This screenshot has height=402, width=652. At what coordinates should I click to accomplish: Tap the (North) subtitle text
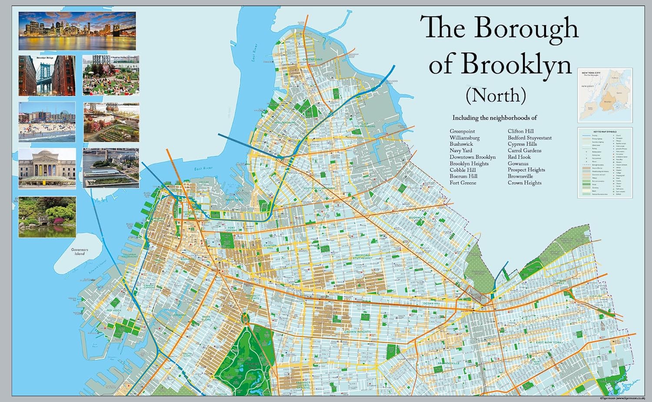[x=496, y=95]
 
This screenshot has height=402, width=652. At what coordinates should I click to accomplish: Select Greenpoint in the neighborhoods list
[x=462, y=131]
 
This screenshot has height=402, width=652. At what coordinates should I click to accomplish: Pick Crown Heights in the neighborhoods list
[x=524, y=183]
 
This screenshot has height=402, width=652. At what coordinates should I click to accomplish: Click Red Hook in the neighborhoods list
[x=519, y=157]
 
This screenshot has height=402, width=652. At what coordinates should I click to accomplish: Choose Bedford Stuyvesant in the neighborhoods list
[x=529, y=138]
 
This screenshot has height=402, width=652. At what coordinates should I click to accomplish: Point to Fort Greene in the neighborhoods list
[x=462, y=183]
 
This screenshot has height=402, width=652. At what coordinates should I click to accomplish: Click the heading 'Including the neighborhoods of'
[x=494, y=118]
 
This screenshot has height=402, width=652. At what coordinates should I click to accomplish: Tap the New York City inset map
[x=605, y=95]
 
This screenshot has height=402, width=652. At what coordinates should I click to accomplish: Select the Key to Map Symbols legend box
[x=605, y=162]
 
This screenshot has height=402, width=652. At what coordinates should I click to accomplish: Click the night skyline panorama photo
[x=77, y=31]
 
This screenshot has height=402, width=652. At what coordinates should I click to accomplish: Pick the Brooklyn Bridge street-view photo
[x=47, y=75]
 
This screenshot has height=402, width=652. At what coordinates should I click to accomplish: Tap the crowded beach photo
[x=47, y=122]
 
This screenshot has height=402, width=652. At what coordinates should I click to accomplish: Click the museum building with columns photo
[x=47, y=168]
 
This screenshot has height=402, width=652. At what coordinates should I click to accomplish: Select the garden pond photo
[x=47, y=217]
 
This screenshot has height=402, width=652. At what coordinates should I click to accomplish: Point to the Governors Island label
[x=80, y=252]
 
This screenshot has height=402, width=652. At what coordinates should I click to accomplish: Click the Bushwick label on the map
[x=417, y=218]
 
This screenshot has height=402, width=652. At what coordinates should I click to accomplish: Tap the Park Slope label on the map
[x=206, y=318]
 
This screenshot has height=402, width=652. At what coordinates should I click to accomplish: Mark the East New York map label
[x=549, y=343]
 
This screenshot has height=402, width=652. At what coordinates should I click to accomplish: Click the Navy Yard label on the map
[x=234, y=200]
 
